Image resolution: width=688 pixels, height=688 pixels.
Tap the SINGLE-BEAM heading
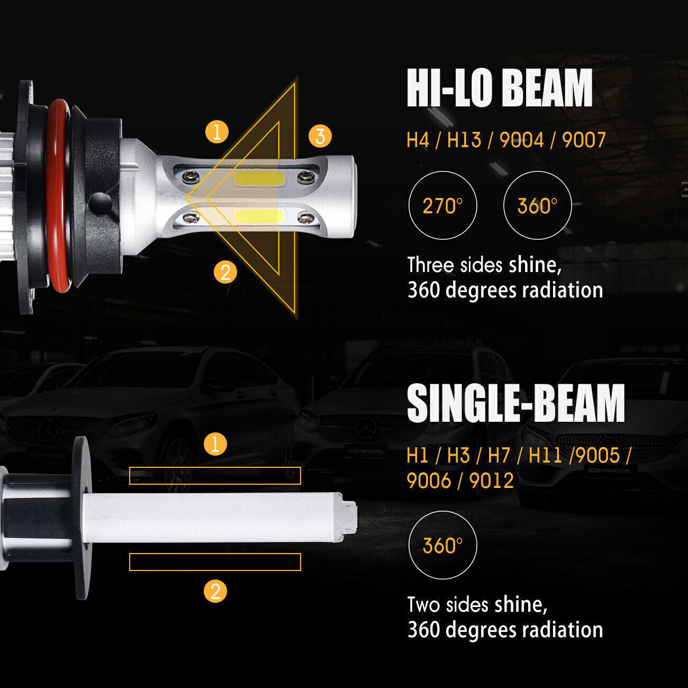[x=515, y=403]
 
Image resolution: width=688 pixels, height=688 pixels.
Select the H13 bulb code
[x=464, y=140]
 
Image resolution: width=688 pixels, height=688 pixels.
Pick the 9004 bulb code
[x=521, y=140]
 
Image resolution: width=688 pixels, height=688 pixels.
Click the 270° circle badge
[x=443, y=205]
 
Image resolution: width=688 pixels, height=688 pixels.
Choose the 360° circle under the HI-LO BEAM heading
[x=537, y=205]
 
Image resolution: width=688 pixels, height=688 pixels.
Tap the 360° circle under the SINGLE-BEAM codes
[x=443, y=545]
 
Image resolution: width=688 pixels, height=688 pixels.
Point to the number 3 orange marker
[x=320, y=136]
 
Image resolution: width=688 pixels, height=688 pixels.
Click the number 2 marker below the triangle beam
[x=225, y=273]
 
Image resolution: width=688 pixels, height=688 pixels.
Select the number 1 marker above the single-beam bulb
[x=215, y=443]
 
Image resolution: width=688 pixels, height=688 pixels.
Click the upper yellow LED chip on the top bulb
[x=258, y=179]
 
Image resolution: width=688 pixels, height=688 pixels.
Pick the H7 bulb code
[x=499, y=455]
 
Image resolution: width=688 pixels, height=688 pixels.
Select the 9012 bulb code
[x=492, y=481]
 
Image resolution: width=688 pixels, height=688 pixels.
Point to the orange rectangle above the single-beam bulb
[x=215, y=476]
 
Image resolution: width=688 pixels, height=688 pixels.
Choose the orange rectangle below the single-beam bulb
[x=215, y=562]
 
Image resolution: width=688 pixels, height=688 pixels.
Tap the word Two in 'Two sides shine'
[x=423, y=604]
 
